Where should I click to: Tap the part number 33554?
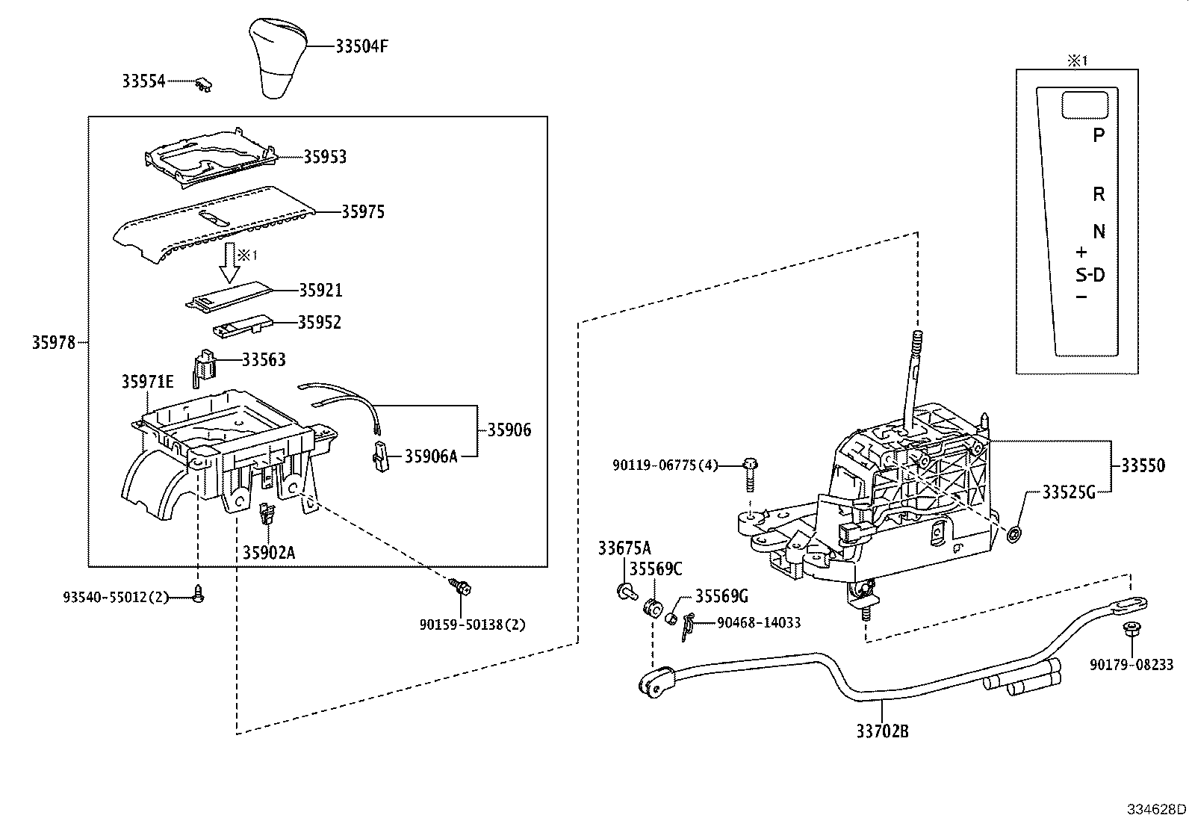[143, 81]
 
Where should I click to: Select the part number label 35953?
[325, 157]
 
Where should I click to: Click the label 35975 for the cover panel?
[363, 212]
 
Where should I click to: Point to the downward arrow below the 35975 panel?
[228, 262]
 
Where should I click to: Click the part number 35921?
[321, 290]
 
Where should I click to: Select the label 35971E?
[147, 382]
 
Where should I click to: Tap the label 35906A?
[430, 456]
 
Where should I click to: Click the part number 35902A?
[268, 552]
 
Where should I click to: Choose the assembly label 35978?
[54, 343]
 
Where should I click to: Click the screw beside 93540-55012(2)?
[198, 595]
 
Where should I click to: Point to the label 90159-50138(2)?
[472, 625]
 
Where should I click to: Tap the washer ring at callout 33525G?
[1014, 535]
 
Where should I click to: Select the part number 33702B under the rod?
[882, 731]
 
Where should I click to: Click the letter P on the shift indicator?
[1098, 135]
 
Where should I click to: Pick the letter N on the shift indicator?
[1099, 232]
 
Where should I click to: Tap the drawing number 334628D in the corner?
[1156, 809]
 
